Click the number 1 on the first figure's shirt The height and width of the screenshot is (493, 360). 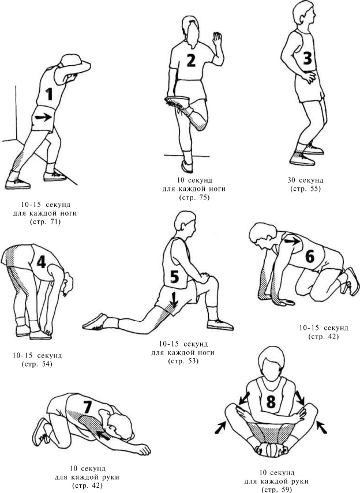(49, 94)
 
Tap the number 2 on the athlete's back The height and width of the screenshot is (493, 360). (191, 61)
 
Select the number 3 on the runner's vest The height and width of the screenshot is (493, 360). (307, 58)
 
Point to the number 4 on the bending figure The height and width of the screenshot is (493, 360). (41, 261)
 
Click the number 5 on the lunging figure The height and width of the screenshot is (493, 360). (174, 277)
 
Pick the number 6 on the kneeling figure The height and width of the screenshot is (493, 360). (310, 256)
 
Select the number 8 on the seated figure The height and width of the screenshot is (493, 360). (271, 401)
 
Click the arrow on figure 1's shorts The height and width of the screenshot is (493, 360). (43, 118)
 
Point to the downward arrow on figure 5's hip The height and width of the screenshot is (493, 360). (174, 299)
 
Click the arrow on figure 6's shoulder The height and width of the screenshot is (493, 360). (292, 241)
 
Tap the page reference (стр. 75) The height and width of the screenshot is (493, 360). (194, 198)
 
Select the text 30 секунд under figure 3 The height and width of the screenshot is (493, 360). (305, 180)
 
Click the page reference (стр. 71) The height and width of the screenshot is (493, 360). (45, 221)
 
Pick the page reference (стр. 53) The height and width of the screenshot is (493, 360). (183, 361)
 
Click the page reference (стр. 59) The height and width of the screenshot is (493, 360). (276, 489)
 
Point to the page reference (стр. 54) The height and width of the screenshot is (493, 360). (37, 364)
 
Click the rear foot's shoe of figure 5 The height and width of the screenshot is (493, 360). (95, 322)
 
